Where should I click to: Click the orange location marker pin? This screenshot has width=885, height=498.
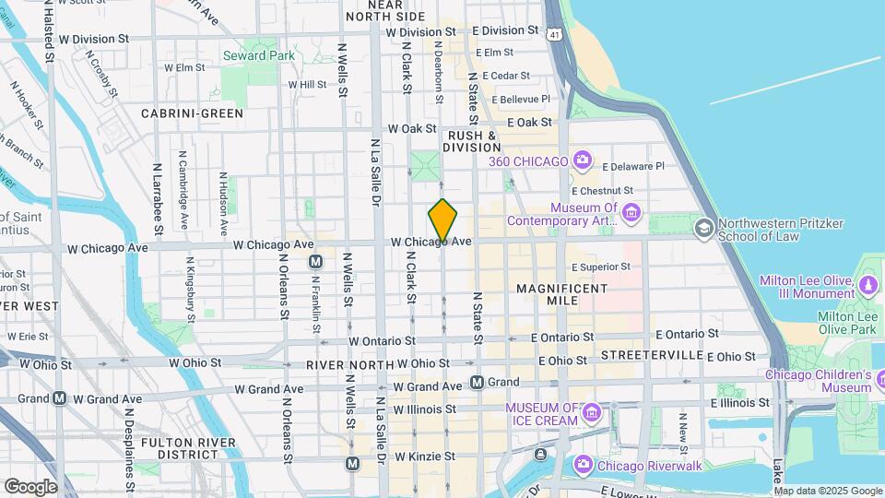click(442, 220)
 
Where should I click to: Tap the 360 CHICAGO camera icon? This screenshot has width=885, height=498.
click(582, 161)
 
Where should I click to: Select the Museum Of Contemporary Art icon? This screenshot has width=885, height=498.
click(631, 214)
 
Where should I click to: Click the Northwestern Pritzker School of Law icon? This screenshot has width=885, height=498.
click(704, 228)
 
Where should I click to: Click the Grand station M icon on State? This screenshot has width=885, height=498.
click(477, 382)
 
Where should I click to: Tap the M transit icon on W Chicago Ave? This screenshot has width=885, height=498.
click(315, 261)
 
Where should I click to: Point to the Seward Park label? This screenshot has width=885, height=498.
click(258, 56)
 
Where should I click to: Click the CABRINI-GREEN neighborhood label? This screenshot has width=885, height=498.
click(192, 113)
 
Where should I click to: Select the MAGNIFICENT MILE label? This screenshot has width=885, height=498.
click(561, 296)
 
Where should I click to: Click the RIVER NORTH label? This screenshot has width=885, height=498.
click(346, 365)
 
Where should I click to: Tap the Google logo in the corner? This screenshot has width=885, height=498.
click(30, 486)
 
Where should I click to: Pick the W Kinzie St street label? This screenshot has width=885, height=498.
click(426, 456)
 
